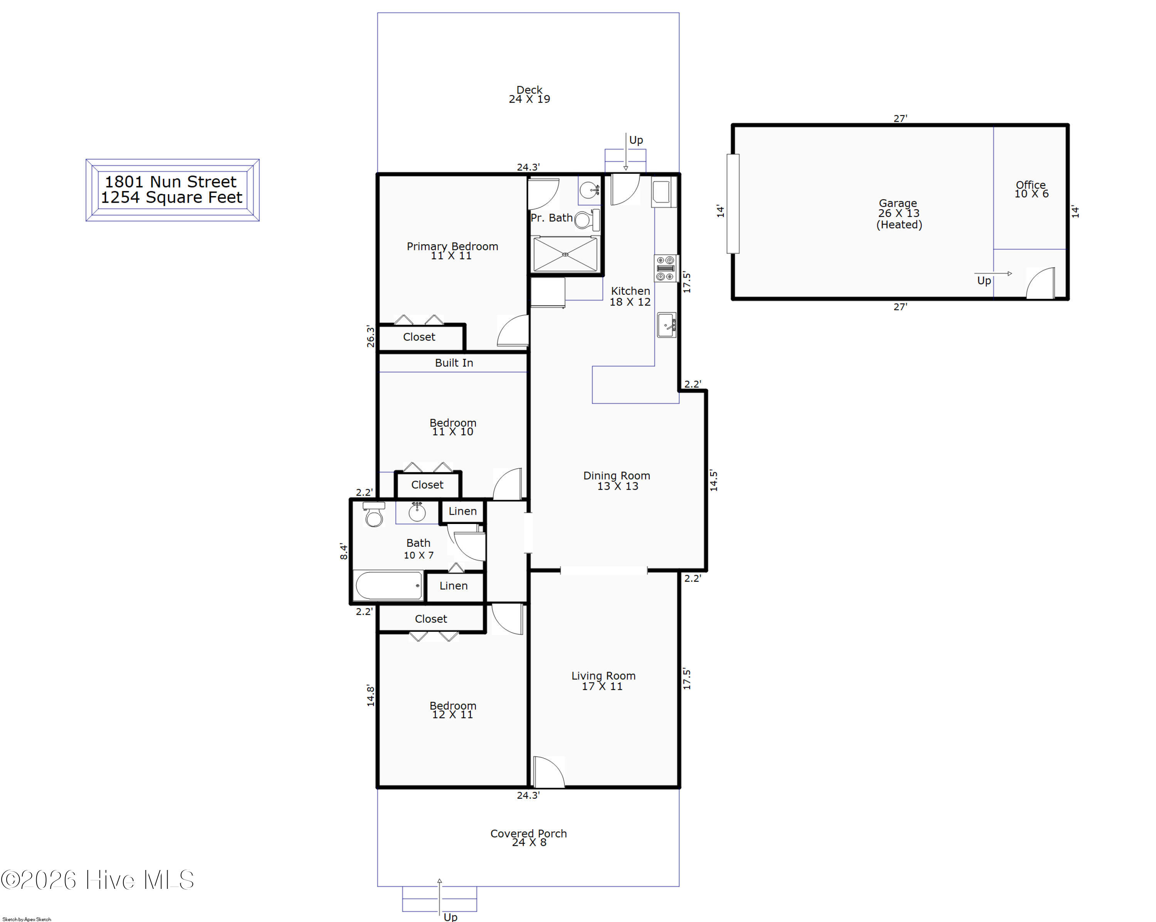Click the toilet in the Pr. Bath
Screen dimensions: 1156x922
(587, 220)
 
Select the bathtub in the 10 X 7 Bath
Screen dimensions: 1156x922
(389, 585)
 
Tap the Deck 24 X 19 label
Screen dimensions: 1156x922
(529, 94)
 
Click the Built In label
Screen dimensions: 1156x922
(454, 363)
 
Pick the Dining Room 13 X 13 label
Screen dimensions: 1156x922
(617, 481)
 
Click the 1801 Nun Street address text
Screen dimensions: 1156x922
(170, 182)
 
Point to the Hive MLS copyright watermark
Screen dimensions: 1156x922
(97, 880)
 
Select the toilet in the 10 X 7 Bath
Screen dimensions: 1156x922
(374, 515)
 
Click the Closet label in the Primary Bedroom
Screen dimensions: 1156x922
(419, 337)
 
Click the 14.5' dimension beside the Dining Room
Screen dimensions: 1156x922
(714, 480)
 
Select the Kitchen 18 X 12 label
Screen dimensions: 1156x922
(630, 296)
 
